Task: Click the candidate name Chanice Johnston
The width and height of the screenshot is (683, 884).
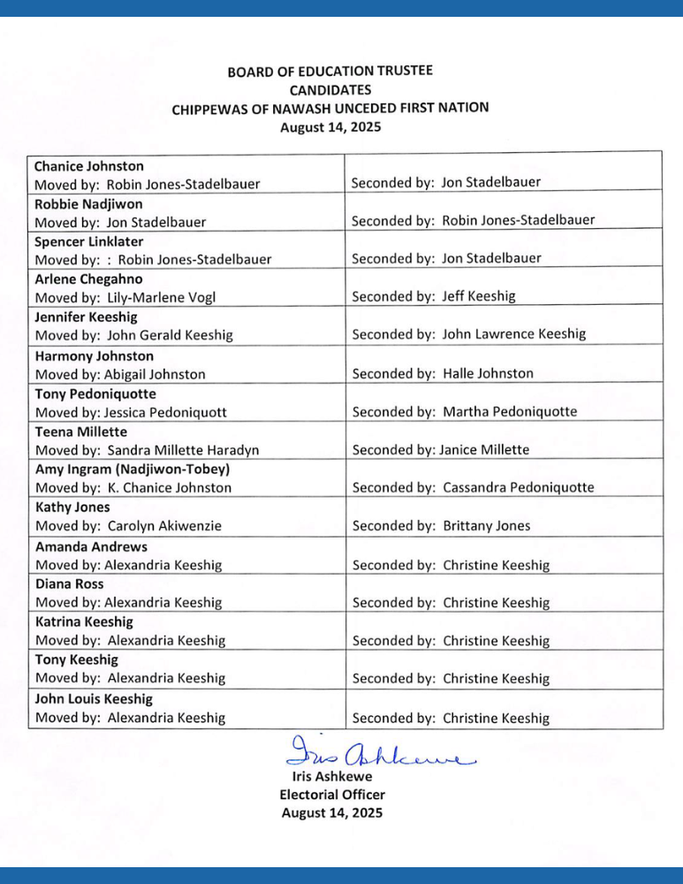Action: tap(88, 166)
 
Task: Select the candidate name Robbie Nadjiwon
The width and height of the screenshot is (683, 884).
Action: tap(88, 204)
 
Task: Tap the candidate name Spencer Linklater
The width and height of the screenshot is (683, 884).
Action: tap(88, 241)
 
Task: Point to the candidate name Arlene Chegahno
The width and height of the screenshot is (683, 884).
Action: tap(89, 279)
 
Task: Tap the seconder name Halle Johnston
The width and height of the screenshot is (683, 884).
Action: tap(488, 374)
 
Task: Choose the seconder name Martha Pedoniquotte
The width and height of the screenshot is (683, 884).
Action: tap(510, 412)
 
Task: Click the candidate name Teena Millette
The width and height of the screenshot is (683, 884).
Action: tap(81, 432)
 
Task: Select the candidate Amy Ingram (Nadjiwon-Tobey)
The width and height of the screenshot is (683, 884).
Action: tap(133, 469)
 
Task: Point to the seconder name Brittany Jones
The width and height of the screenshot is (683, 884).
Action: tap(487, 526)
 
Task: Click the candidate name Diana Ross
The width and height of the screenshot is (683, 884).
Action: tap(70, 584)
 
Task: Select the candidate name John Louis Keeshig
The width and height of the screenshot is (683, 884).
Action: tap(94, 699)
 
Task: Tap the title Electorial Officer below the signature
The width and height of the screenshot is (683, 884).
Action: tap(332, 795)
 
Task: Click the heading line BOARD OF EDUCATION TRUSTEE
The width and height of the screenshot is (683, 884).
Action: tap(330, 72)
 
